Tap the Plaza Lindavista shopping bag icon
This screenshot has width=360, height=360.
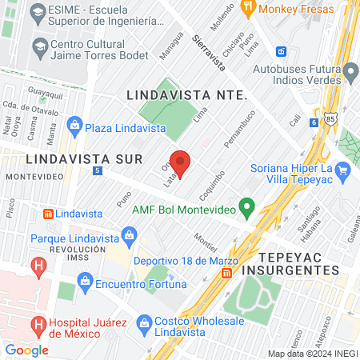pyautogui.click(x=74, y=124)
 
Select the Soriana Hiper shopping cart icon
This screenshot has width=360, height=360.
pyautogui.click(x=343, y=170)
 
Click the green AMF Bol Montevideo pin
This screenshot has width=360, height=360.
pyautogui.click(x=247, y=210)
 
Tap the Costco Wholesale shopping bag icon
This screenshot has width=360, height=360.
pyautogui.click(x=144, y=322)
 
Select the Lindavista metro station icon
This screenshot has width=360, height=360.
pyautogui.click(x=48, y=214)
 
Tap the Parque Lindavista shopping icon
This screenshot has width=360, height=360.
pyautogui.click(x=128, y=234)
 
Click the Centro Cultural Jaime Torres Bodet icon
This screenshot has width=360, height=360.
pyautogui.click(x=38, y=46)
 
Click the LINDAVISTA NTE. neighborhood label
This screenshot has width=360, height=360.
pyautogui.click(x=187, y=94)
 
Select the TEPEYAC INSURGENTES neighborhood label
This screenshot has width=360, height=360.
pyautogui.click(x=298, y=263)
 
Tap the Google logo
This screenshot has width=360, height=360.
pyautogui.click(x=26, y=350)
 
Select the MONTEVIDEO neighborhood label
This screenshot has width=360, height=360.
pyautogui.click(x=27, y=174)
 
